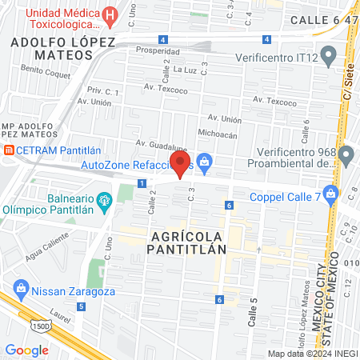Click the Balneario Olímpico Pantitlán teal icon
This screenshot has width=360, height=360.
(103, 199)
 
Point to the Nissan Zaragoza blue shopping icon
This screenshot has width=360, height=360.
(21, 288)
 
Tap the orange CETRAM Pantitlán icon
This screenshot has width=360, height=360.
(8, 150)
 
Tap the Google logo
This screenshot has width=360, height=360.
(26, 350)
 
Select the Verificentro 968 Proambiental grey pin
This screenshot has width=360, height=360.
(346, 154)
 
